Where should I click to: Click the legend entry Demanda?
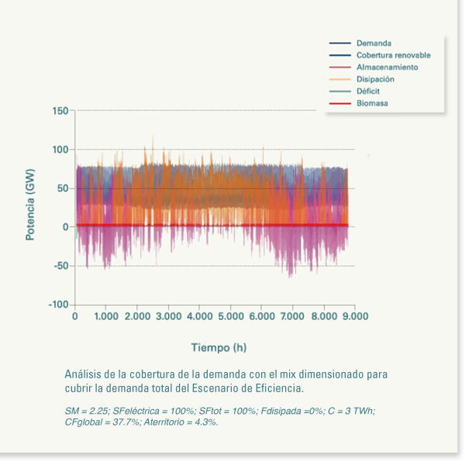tap(374, 43)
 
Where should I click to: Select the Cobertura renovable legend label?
tap(393, 56)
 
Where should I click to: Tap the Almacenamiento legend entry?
tap(387, 67)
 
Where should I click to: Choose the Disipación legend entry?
tap(375, 79)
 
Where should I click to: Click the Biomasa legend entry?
tap(372, 103)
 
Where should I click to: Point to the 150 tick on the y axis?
tap(60, 111)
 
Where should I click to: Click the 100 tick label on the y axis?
tap(60, 150)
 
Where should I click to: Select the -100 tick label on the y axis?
tap(57, 305)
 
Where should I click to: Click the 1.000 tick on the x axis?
tap(105, 316)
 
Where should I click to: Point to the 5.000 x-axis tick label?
tap(230, 316)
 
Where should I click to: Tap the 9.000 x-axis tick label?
tap(355, 316)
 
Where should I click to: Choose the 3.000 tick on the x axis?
tap(168, 316)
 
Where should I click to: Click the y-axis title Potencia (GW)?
tap(30, 208)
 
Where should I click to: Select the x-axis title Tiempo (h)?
tap(219, 346)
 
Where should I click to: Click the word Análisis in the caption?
tap(83, 374)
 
